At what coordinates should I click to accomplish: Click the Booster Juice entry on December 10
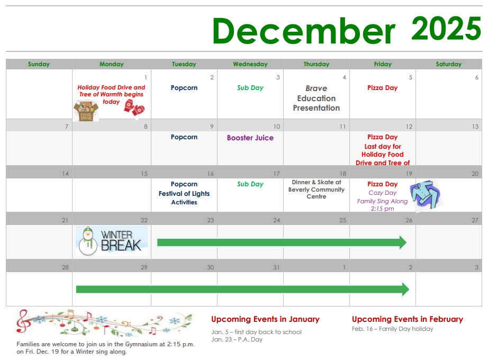tap(250, 138)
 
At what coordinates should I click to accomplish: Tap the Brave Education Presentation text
tap(316, 98)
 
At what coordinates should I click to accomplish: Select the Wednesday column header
tap(250, 64)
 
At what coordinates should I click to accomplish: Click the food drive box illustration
tap(86, 111)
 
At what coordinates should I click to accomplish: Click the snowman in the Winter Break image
tap(88, 241)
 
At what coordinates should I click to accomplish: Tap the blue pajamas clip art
tap(426, 195)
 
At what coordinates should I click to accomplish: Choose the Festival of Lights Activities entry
tap(184, 198)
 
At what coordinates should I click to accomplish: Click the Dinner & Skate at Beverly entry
tap(316, 190)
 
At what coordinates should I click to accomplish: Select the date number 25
tap(342, 220)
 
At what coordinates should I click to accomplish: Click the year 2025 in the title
tap(446, 29)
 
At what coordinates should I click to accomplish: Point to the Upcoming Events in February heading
tap(408, 319)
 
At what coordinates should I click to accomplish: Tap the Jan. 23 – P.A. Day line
tap(237, 339)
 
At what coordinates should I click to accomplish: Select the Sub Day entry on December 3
tap(250, 88)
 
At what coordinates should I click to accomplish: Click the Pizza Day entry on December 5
tap(383, 88)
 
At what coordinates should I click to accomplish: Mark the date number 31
tap(276, 267)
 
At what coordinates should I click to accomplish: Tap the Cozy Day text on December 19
tap(383, 193)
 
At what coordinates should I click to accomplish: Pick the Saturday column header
tap(448, 64)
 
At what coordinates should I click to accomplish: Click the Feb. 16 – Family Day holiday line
tap(392, 329)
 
